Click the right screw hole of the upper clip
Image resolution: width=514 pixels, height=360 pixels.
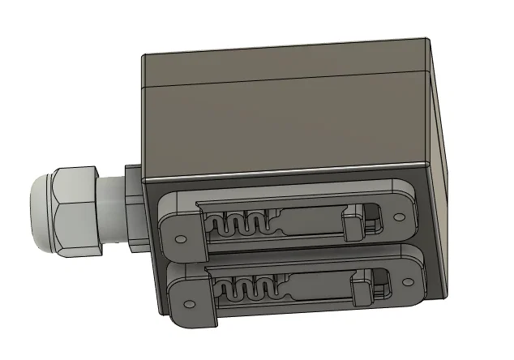point(399,216)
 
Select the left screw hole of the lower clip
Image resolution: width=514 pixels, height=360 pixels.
point(190,304)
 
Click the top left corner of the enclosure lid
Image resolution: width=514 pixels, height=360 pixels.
point(143,55)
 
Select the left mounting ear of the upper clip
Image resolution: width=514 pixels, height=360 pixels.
point(180,229)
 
